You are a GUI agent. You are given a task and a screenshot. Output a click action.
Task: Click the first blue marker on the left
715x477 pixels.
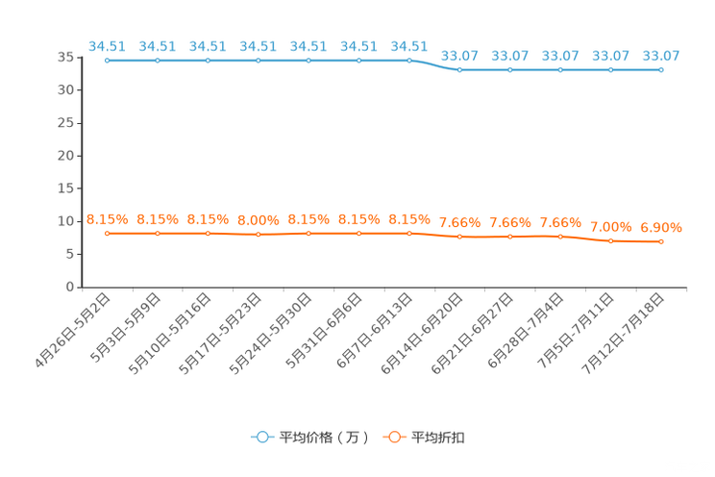click(x=107, y=61)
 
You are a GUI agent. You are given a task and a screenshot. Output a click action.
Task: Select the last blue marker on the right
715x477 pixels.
click(x=660, y=70)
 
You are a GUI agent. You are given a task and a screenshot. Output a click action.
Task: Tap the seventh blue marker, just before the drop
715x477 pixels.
click(x=409, y=61)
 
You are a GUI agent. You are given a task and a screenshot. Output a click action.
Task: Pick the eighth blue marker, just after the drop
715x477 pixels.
click(x=459, y=70)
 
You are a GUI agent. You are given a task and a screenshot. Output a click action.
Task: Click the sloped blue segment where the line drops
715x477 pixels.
click(x=434, y=65)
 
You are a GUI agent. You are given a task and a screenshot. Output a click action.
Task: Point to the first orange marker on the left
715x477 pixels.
click(x=107, y=233)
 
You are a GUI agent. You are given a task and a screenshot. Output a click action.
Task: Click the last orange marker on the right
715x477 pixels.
click(x=660, y=242)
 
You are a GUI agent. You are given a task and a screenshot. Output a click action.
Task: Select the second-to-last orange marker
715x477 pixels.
click(x=610, y=241)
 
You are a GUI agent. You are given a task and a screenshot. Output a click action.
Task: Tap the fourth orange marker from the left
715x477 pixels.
click(x=258, y=235)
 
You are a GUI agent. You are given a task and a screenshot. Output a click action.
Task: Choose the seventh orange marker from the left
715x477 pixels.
click(x=409, y=233)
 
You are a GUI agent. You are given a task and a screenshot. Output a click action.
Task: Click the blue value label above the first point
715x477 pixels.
click(x=107, y=45)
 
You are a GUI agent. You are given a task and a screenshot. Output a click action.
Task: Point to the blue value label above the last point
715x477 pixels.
click(x=660, y=56)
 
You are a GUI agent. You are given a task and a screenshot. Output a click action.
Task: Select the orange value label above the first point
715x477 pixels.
click(x=107, y=218)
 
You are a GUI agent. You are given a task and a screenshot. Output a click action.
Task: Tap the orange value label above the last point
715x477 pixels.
click(x=660, y=228)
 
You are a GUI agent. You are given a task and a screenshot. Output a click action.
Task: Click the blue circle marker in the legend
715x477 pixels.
click(x=262, y=437)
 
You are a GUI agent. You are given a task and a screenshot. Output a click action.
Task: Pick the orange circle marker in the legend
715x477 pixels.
click(x=393, y=437)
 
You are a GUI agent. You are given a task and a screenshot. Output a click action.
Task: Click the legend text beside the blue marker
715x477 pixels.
click(x=324, y=438)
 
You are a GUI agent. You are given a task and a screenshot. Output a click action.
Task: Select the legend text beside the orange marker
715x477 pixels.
click(x=439, y=438)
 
